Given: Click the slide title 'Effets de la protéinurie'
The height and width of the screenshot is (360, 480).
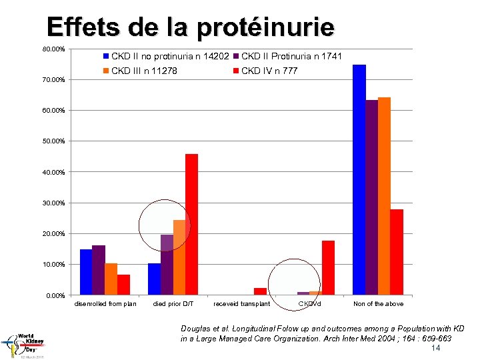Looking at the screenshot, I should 190,27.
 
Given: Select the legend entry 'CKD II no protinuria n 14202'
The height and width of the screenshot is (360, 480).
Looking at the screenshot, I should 169,57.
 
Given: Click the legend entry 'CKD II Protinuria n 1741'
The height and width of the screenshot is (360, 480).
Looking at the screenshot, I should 291,57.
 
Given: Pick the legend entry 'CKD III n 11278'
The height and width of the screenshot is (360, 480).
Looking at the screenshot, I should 143,71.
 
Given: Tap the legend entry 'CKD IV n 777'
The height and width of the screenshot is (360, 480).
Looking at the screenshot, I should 269,71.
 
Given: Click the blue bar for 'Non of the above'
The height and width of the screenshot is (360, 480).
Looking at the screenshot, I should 359,180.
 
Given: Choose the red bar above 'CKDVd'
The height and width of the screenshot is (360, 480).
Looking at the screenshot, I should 328,267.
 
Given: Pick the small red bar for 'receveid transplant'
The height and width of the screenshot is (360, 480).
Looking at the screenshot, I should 260,291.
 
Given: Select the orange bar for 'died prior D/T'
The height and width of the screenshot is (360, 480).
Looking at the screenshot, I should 179,257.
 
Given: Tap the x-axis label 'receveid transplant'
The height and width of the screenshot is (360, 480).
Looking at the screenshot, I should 241,304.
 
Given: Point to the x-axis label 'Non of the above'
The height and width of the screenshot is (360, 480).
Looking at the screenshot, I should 378,304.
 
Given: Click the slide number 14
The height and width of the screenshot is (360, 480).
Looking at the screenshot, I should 436,348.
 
